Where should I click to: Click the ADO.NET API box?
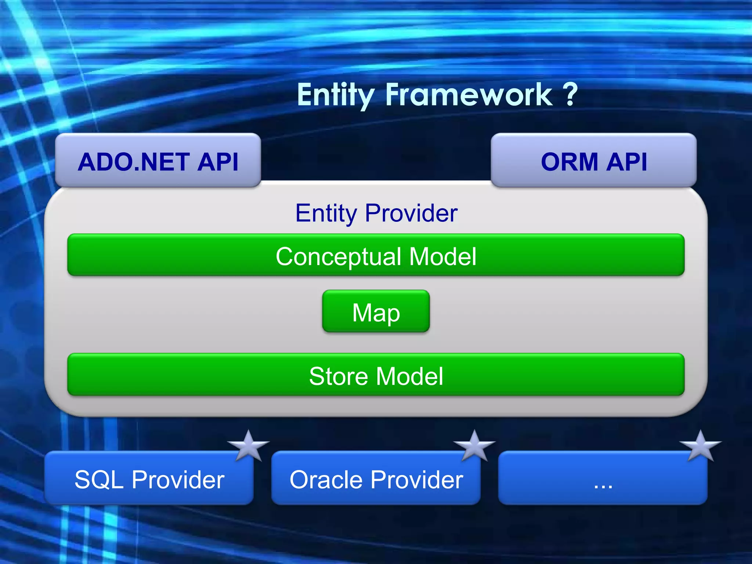tap(158, 160)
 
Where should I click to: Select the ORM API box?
tap(593, 160)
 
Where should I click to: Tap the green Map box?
tap(376, 311)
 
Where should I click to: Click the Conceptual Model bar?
tap(376, 255)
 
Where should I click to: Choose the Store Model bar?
tap(376, 375)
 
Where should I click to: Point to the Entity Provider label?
tap(376, 213)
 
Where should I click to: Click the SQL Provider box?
tap(149, 478)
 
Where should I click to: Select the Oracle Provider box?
tap(376, 478)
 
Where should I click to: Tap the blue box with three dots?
tap(603, 478)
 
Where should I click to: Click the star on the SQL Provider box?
tap(249, 445)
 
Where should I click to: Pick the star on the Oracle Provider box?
tap(474, 445)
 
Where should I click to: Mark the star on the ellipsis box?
tap(701, 445)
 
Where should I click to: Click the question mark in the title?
tap(570, 94)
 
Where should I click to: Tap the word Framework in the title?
tap(468, 95)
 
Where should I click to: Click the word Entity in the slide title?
tap(335, 95)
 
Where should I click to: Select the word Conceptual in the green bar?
tap(338, 257)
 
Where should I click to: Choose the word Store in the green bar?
tap(337, 376)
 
